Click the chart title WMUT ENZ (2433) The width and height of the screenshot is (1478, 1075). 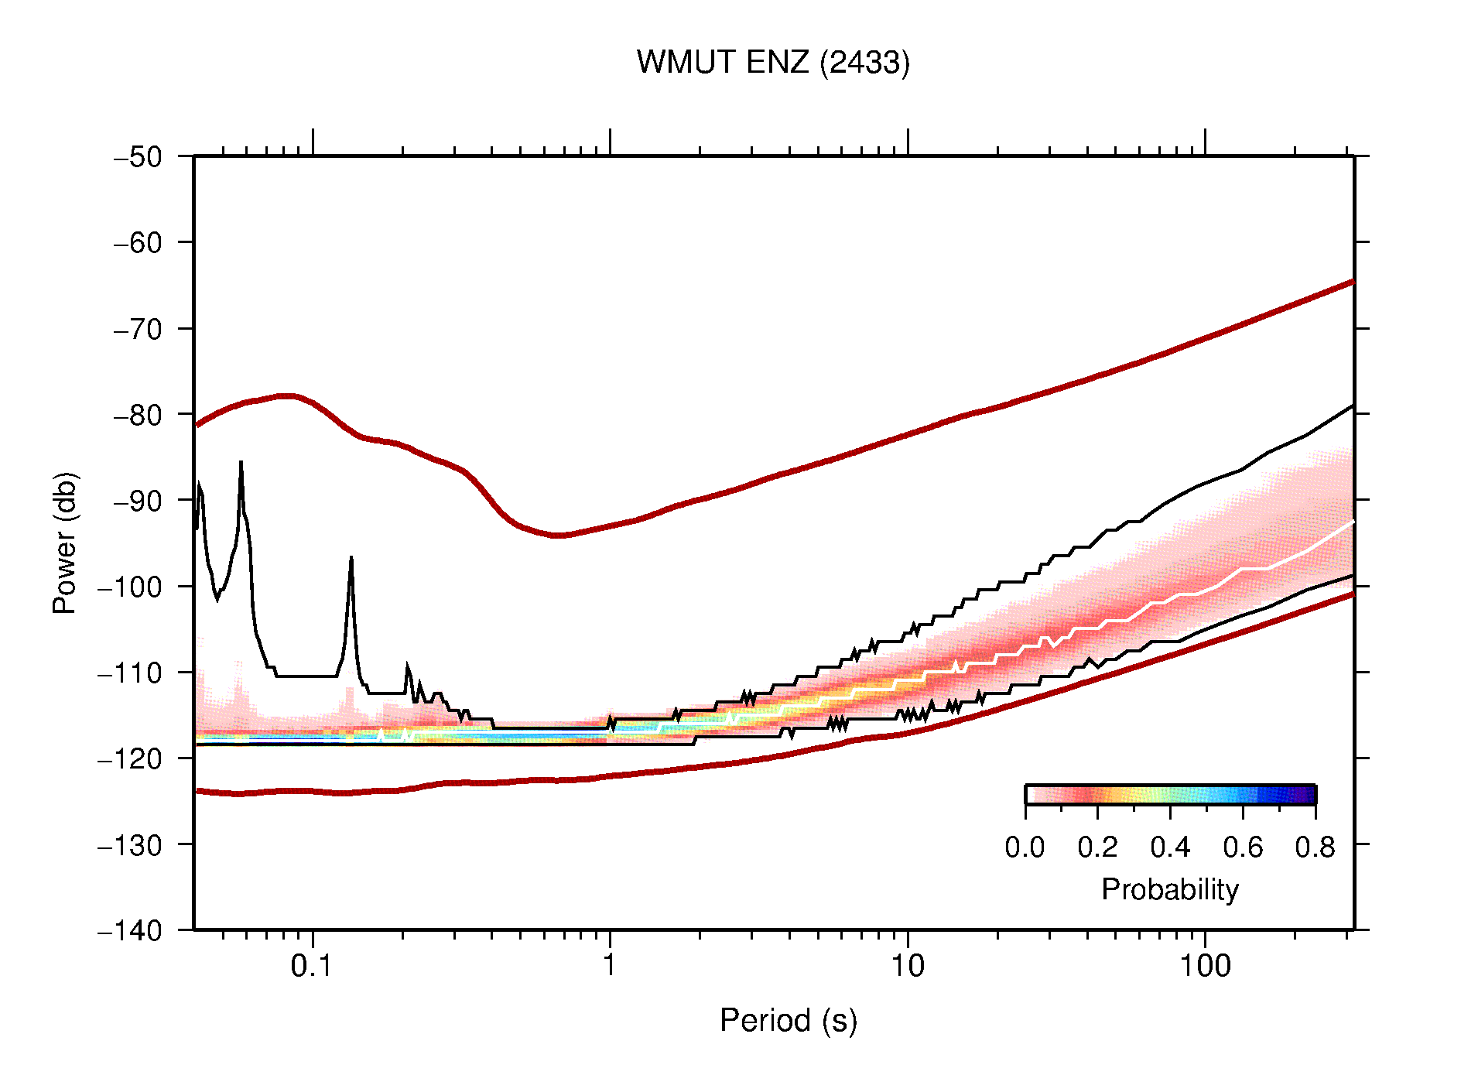[x=773, y=63]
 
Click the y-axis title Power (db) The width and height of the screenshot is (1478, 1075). [x=65, y=543]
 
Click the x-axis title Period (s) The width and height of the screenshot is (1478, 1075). [x=789, y=1020]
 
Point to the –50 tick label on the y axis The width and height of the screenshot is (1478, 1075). [x=138, y=157]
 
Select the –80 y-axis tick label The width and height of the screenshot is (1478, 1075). [x=138, y=415]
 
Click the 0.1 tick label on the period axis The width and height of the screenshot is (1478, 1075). [x=312, y=966]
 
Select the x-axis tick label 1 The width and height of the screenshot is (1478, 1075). [x=610, y=966]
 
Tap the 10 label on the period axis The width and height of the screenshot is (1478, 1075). [x=907, y=966]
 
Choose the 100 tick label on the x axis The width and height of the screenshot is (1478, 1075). [x=1204, y=966]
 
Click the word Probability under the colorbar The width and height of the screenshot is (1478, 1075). [x=1170, y=889]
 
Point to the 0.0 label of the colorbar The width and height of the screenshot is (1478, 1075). [x=1025, y=847]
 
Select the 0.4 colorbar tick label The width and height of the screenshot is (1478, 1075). [x=1170, y=847]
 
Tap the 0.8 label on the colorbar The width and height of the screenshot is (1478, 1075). [x=1315, y=847]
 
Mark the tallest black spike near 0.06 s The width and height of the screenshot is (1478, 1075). [x=241, y=463]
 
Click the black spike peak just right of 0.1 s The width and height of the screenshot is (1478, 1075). [x=351, y=558]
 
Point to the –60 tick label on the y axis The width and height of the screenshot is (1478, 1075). [x=138, y=243]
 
